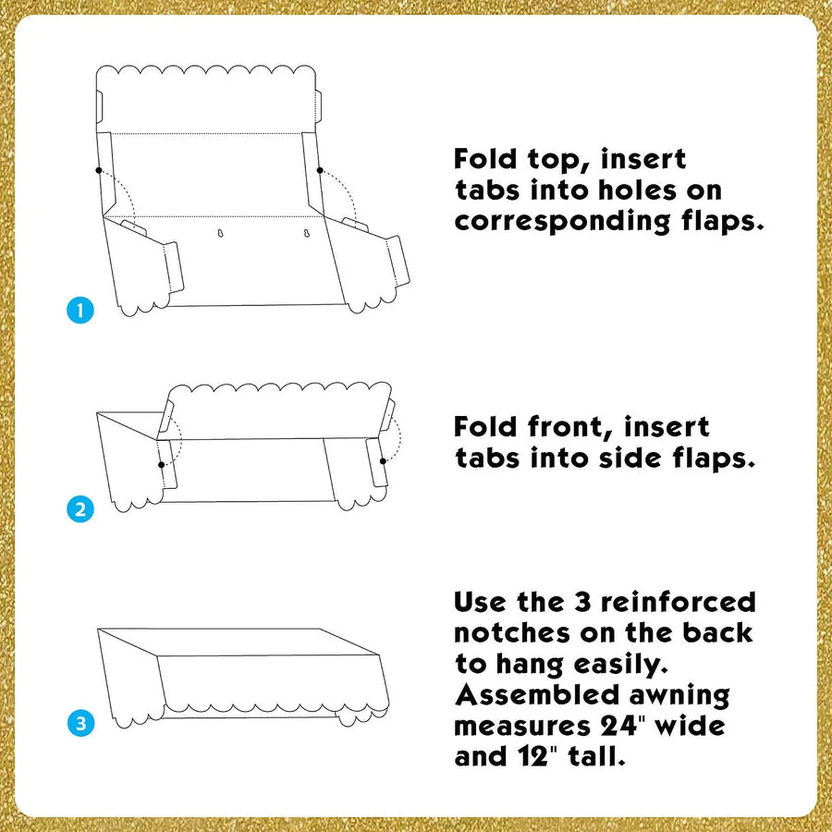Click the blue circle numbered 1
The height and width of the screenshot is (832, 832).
click(x=80, y=310)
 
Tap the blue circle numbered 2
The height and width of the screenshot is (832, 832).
click(x=80, y=508)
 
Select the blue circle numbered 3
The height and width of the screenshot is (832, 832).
click(x=80, y=723)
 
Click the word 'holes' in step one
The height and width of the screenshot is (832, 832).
click(x=637, y=190)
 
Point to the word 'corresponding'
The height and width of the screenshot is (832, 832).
click(x=562, y=222)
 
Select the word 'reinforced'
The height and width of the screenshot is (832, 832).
click(x=679, y=602)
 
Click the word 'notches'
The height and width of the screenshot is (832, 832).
click(x=512, y=632)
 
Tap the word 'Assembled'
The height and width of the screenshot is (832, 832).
click(x=537, y=694)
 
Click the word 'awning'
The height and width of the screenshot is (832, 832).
click(x=679, y=696)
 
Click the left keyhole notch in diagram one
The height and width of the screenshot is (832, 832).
click(x=221, y=233)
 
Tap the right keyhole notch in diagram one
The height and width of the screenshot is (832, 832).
click(x=306, y=233)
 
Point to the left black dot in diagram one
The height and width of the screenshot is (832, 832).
click(x=99, y=170)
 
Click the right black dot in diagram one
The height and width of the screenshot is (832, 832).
click(x=320, y=170)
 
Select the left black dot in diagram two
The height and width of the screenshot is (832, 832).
click(x=161, y=465)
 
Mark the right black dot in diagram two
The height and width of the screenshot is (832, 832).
click(x=383, y=461)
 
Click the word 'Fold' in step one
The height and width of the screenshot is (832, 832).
click(x=485, y=159)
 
